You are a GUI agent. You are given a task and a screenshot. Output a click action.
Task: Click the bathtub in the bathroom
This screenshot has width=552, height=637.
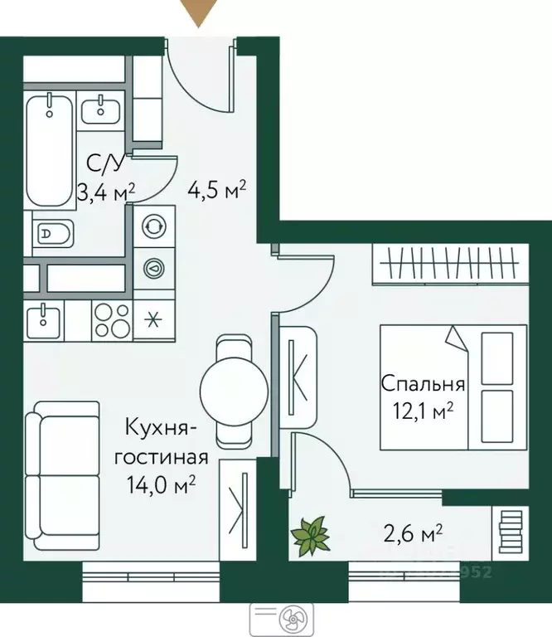(x=50, y=149)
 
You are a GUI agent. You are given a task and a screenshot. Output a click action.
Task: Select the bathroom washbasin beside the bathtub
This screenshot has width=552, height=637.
(x=103, y=109)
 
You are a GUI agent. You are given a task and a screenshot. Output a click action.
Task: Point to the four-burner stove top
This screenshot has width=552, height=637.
(x=110, y=320)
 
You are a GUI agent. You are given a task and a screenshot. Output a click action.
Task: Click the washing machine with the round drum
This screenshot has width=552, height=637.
(x=153, y=226)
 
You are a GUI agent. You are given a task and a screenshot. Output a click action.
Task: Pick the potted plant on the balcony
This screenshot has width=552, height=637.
(x=310, y=535)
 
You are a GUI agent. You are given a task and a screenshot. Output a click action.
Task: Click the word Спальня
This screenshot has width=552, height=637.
(x=423, y=384)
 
